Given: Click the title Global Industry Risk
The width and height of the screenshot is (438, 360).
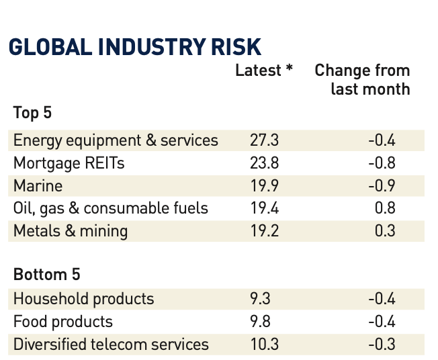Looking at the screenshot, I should tap(134, 47).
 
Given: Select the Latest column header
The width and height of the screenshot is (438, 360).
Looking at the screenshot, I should tap(258, 71).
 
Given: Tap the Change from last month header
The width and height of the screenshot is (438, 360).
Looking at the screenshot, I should tap(362, 79).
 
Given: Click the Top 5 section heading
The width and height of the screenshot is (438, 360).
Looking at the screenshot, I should tap(32, 112).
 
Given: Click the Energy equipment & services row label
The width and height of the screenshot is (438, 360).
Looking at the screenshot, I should tap(116, 140).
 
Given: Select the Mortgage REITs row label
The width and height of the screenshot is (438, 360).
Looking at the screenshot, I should tap(69, 163).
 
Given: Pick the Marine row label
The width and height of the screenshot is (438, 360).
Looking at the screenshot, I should tap(38, 185).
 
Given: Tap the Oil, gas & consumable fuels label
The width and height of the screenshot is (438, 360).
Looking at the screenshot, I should tap(111, 208).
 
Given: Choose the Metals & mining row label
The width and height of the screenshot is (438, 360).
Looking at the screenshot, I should tap(71, 231).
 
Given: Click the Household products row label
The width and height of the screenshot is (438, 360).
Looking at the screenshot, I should tap(84, 299).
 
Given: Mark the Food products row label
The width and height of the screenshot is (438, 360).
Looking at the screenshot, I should tap(63, 322).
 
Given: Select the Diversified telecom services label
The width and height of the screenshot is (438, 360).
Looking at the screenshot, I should tap(111, 345).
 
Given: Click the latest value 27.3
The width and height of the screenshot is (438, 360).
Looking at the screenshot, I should tap(260, 140).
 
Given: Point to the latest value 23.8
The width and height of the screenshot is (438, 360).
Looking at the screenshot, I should tap(260, 163).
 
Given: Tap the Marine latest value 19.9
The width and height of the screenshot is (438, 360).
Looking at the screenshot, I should tap(260, 185).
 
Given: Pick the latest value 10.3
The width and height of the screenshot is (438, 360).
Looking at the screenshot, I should tap(260, 345).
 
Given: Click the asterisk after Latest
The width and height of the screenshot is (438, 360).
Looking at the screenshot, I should tap(289, 69).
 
